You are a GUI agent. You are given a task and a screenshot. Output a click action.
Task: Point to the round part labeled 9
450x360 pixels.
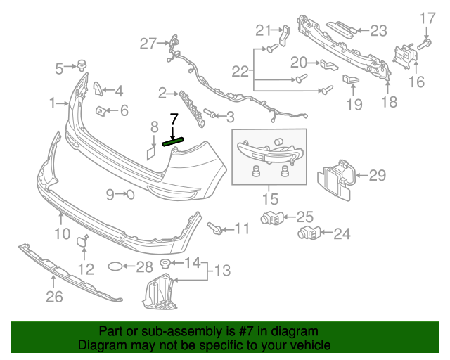129,194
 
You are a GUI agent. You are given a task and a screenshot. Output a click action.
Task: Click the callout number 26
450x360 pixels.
54,297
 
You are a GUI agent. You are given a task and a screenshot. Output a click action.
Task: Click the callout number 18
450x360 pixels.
389,102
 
